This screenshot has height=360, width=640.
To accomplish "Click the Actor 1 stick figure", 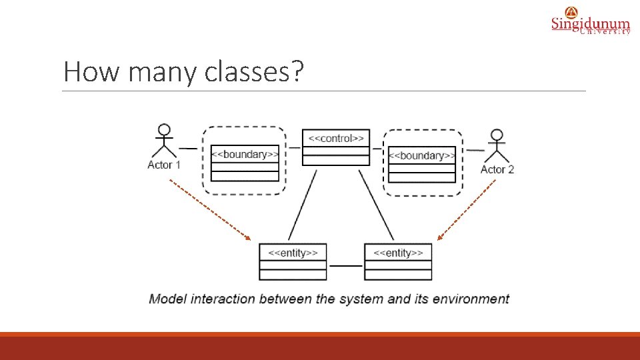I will click(x=164, y=141).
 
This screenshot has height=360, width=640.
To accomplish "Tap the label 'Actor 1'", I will click(x=164, y=165).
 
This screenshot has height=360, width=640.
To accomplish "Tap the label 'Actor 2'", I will click(x=497, y=169).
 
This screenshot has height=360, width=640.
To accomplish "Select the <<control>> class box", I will click(x=336, y=147).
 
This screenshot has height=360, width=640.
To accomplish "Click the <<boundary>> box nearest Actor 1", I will click(x=245, y=163).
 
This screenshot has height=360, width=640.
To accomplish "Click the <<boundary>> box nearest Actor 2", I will click(x=422, y=164).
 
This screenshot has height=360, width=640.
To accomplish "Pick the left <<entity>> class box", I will click(x=293, y=261).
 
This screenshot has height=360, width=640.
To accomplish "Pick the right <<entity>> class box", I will click(x=398, y=261).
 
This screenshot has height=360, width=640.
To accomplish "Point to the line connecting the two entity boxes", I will click(x=345, y=265).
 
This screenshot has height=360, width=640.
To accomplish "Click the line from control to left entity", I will click(x=302, y=205).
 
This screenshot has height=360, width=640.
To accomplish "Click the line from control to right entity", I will click(x=376, y=205).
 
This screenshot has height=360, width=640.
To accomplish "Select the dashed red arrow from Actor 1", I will click(x=209, y=209).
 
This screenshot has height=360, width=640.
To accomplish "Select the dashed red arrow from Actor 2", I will click(x=467, y=209).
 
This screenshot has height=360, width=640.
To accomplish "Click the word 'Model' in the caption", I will click(x=168, y=299).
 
